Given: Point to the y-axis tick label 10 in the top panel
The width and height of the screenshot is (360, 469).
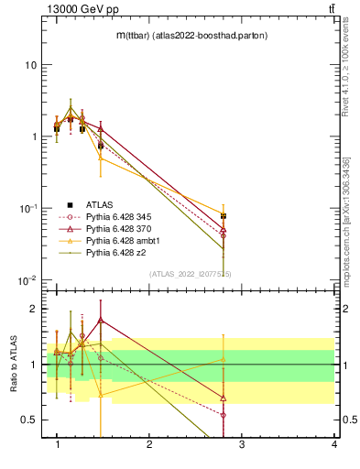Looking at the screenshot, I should pos(31,65).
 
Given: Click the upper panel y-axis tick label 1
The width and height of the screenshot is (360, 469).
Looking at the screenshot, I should pos(34,136).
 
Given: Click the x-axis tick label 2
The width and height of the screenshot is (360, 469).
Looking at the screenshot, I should pos(149,444).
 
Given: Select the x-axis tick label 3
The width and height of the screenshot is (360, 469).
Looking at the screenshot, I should pos(242,444).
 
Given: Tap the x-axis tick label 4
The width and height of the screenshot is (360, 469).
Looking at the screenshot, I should pos(334,444).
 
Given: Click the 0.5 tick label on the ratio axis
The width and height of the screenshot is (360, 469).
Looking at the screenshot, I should pos(29,420).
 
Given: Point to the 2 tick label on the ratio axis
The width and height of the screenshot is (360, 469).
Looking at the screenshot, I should pos(34,310).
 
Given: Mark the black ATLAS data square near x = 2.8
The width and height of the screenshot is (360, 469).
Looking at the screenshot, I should pos(224,216).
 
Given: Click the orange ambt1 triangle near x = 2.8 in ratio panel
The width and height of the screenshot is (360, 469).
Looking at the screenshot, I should pos(224,359).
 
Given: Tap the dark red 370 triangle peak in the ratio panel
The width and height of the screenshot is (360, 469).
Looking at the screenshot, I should pos(101,321).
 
